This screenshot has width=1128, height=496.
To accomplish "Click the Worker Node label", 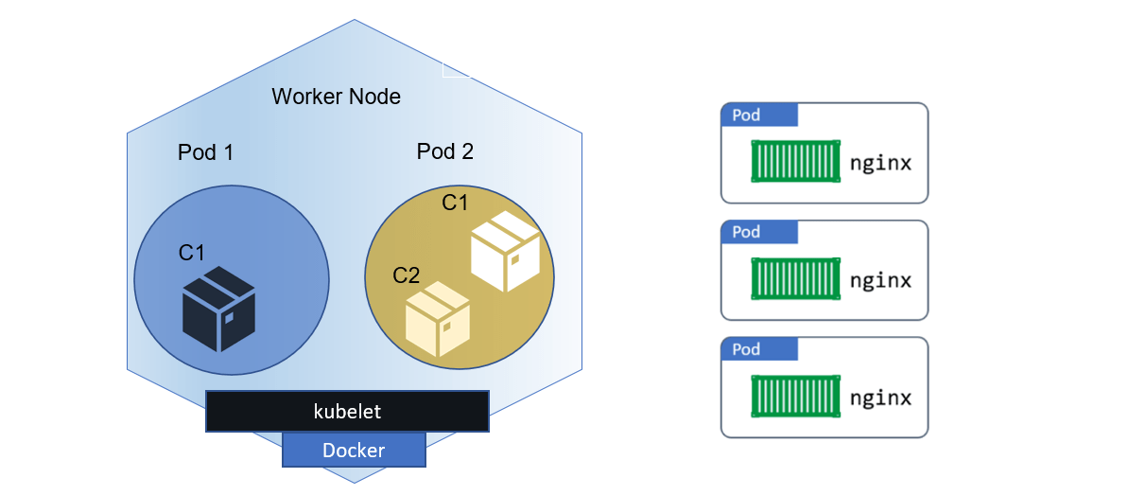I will pyautogui.click(x=336, y=97).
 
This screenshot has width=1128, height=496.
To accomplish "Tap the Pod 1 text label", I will pyautogui.click(x=205, y=152).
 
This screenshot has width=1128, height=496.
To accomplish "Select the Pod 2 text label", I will pyautogui.click(x=445, y=151).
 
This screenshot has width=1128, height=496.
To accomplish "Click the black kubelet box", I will pyautogui.click(x=347, y=412).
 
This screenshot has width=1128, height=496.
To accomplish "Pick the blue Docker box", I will pyautogui.click(x=354, y=451).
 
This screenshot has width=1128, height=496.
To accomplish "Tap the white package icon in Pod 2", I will pyautogui.click(x=505, y=251).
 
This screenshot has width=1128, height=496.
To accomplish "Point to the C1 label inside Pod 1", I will pyautogui.click(x=192, y=253).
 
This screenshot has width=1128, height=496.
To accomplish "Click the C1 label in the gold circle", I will pyautogui.click(x=456, y=203).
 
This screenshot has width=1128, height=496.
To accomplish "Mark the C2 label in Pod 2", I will pyautogui.click(x=407, y=275).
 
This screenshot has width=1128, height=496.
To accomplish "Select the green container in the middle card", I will pyautogui.click(x=795, y=279).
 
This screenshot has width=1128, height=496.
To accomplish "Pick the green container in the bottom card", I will pyautogui.click(x=795, y=397).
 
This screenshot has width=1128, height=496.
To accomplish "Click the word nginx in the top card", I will pyautogui.click(x=880, y=163).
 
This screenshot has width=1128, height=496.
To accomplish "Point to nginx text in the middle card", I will pyautogui.click(x=880, y=280).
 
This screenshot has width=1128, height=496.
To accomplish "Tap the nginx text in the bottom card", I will pyautogui.click(x=880, y=398).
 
